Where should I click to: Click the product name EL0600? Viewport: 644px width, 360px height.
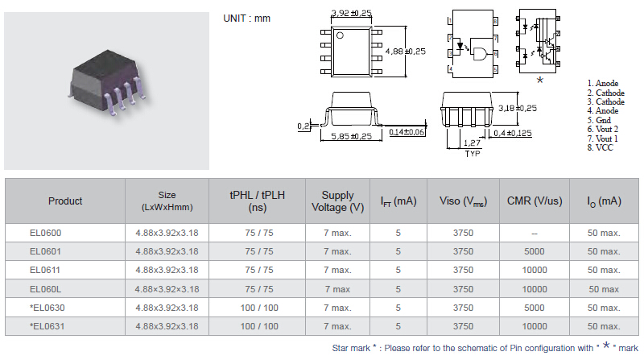click(x=45, y=233)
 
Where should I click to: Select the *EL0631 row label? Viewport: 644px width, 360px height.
click(x=47, y=326)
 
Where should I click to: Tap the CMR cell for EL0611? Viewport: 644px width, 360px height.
click(x=535, y=270)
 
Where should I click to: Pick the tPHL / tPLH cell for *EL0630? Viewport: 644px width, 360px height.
click(x=259, y=308)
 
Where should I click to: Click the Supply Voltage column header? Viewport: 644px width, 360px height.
click(x=337, y=201)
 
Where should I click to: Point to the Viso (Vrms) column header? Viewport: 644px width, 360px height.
click(x=464, y=201)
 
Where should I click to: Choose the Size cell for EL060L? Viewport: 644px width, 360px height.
click(x=167, y=289)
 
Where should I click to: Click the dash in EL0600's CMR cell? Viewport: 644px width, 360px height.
click(x=535, y=234)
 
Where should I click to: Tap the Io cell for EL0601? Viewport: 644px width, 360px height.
click(x=604, y=251)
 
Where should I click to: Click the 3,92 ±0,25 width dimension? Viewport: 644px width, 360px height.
click(x=351, y=13)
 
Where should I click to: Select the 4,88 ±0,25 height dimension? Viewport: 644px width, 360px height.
click(x=406, y=52)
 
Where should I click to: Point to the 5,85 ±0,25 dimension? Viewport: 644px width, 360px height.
click(x=352, y=136)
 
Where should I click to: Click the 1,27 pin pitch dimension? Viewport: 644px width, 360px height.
click(x=472, y=143)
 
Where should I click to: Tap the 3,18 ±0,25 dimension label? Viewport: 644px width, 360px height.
click(x=518, y=108)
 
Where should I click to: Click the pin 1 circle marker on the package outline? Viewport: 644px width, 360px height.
click(x=340, y=35)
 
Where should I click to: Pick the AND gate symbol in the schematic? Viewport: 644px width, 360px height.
click(x=480, y=54)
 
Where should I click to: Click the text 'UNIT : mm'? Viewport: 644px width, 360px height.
click(x=247, y=19)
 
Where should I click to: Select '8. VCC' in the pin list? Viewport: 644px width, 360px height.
click(x=600, y=147)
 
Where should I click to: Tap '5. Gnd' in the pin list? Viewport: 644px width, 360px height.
click(x=599, y=120)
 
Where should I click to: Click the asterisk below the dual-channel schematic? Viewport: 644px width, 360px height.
click(x=540, y=81)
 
